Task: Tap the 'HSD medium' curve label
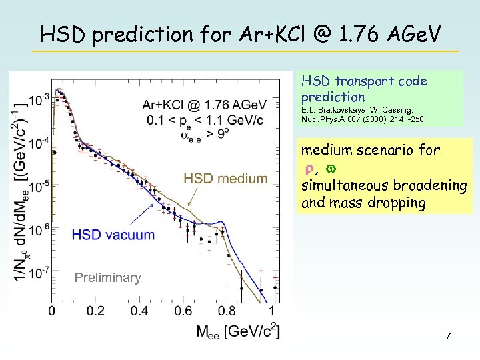click(225, 179)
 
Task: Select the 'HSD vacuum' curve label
click(113, 235)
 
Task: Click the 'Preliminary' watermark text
click(107, 278)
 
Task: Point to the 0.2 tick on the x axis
click(95, 311)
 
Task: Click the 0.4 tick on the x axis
click(139, 311)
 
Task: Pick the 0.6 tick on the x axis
click(183, 311)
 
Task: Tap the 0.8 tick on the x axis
click(227, 311)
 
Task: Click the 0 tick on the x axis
click(52, 311)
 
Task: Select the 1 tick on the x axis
click(271, 311)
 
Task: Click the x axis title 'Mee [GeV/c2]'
click(237, 330)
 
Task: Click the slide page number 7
click(449, 336)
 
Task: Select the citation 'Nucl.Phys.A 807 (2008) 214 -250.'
click(364, 120)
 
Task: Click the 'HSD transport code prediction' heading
click(364, 89)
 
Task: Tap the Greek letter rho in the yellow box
click(308, 168)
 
